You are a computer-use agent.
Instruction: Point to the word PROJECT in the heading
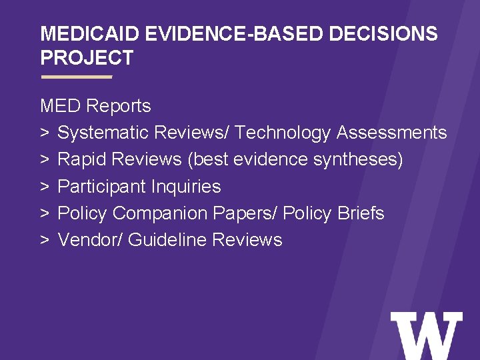(x=87, y=58)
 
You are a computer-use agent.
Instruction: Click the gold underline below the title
(x=76, y=77)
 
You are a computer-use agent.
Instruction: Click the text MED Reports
(x=95, y=106)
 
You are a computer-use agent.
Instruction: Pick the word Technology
(x=283, y=133)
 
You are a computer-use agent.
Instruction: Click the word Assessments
(x=391, y=133)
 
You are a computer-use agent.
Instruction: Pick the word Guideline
(x=167, y=240)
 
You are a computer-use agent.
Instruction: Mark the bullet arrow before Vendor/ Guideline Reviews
(x=45, y=240)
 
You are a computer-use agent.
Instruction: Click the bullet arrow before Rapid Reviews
(x=45, y=160)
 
